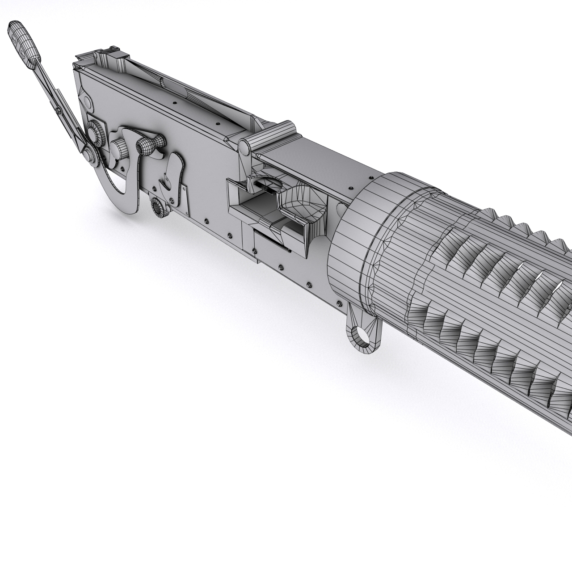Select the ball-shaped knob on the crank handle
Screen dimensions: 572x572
pos(145,145)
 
